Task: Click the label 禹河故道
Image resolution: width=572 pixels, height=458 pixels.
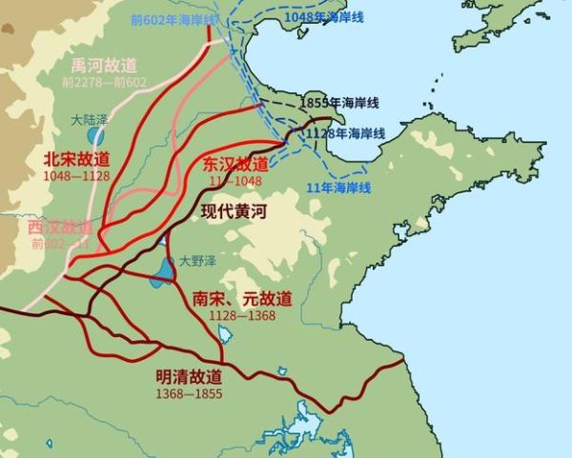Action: click(105, 65)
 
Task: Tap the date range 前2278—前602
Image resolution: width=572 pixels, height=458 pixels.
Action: click(105, 82)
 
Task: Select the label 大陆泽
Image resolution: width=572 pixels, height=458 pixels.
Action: click(92, 121)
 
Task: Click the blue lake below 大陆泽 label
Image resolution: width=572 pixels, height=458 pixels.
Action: click(96, 136)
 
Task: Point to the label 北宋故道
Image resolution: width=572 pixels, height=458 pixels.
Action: click(75, 158)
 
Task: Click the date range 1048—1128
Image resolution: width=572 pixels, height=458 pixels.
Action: click(75, 175)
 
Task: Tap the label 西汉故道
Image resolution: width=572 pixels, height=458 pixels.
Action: click(60, 227)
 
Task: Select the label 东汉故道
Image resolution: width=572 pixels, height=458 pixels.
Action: click(235, 163)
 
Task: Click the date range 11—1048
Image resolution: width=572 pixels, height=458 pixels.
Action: click(234, 179)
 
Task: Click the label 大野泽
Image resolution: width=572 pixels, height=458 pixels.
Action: click(195, 260)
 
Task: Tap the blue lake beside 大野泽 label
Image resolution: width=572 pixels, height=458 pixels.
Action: click(161, 271)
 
